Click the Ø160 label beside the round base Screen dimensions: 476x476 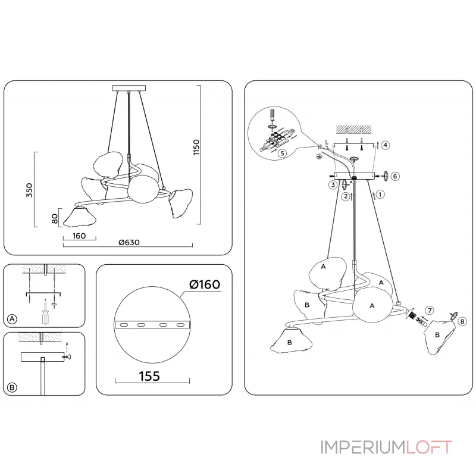tap(205, 285)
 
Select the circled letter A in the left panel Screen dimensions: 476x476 tap(12, 320)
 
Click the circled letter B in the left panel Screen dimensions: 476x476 tap(12, 387)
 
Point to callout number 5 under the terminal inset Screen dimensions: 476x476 tap(282, 152)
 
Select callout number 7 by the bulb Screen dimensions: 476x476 tap(429, 310)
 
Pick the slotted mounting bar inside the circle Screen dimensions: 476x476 tap(152, 325)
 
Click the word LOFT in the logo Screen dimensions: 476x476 tap(429, 447)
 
